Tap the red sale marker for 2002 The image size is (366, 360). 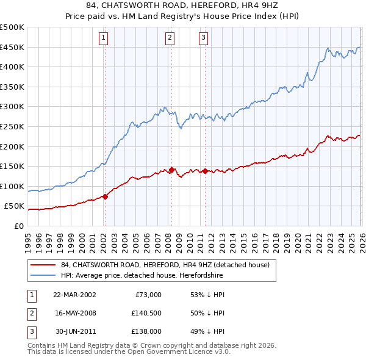click(x=105, y=196)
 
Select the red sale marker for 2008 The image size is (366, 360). click(x=171, y=170)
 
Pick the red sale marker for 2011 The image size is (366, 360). click(x=205, y=171)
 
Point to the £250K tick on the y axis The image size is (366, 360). click(x=13, y=126)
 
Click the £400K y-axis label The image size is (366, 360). click(x=13, y=67)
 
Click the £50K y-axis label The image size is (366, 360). click(x=15, y=206)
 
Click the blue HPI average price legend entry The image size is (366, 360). click(x=142, y=276)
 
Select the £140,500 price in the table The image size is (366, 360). click(x=146, y=313)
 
